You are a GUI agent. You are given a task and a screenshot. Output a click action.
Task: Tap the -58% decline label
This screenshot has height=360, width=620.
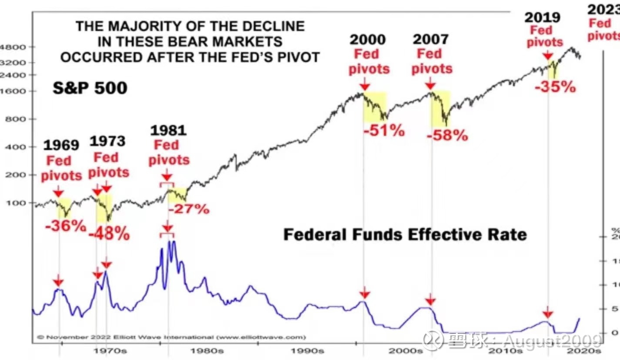447,135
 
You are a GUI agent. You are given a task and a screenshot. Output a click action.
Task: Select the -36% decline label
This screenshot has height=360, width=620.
65,226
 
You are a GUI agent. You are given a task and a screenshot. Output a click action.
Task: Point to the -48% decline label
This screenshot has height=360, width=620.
109,234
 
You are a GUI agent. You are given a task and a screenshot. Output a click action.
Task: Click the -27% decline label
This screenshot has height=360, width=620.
189,209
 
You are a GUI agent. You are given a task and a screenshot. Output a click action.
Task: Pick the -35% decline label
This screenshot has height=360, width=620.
555,87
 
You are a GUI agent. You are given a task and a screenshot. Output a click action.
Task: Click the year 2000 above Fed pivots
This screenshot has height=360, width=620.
368,40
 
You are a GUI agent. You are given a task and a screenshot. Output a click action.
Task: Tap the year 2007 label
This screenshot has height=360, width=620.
430,40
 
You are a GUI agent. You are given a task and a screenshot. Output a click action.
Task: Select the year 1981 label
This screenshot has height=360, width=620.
168,130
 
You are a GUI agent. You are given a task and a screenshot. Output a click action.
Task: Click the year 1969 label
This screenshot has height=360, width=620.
61,145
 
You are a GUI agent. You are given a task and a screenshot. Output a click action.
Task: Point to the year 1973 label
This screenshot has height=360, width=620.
107,141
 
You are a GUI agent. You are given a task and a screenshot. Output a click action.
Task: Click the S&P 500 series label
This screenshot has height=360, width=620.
90,88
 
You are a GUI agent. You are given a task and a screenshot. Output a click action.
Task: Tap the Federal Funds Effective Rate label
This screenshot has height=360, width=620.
405,235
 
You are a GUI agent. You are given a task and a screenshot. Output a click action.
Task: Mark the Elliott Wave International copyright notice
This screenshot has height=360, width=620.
171,337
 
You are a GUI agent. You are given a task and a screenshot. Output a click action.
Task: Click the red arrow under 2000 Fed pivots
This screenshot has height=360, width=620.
365,84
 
